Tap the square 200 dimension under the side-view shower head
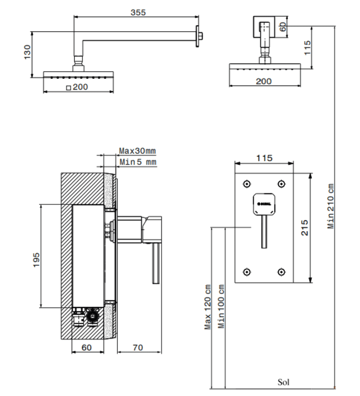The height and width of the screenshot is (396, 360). [x=77, y=87]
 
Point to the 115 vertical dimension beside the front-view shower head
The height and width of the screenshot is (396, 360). [x=307, y=48]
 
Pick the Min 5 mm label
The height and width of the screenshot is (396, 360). [x=137, y=162]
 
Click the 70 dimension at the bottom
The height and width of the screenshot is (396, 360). [x=137, y=348]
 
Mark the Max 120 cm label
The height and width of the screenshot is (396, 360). [x=208, y=306]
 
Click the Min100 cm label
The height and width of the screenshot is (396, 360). [x=222, y=306]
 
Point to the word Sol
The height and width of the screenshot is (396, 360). [x=283, y=382]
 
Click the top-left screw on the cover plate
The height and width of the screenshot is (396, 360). [x=246, y=184]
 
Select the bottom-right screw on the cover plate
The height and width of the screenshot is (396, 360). [x=281, y=271]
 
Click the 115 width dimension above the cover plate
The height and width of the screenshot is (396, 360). [x=264, y=158]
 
